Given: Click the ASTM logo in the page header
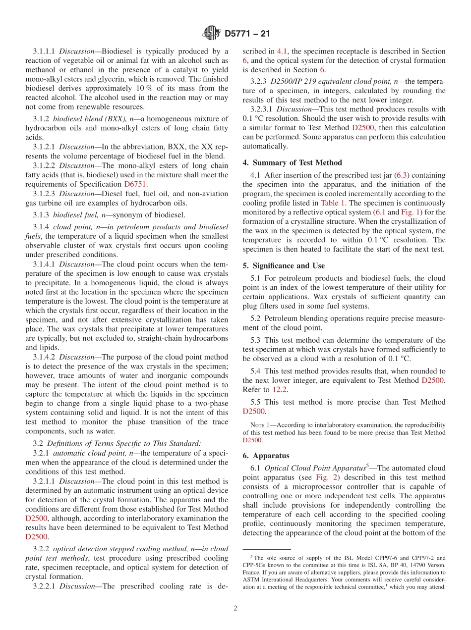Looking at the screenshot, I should [x=211, y=33].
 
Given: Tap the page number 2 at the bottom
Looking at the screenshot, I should [x=235, y=608].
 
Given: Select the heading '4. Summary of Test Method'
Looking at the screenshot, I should [x=292, y=162].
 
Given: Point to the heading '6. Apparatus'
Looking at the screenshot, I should [x=266, y=456].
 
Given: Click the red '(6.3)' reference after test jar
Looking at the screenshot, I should [x=402, y=175].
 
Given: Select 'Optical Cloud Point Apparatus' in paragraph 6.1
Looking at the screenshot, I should [x=315, y=468].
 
